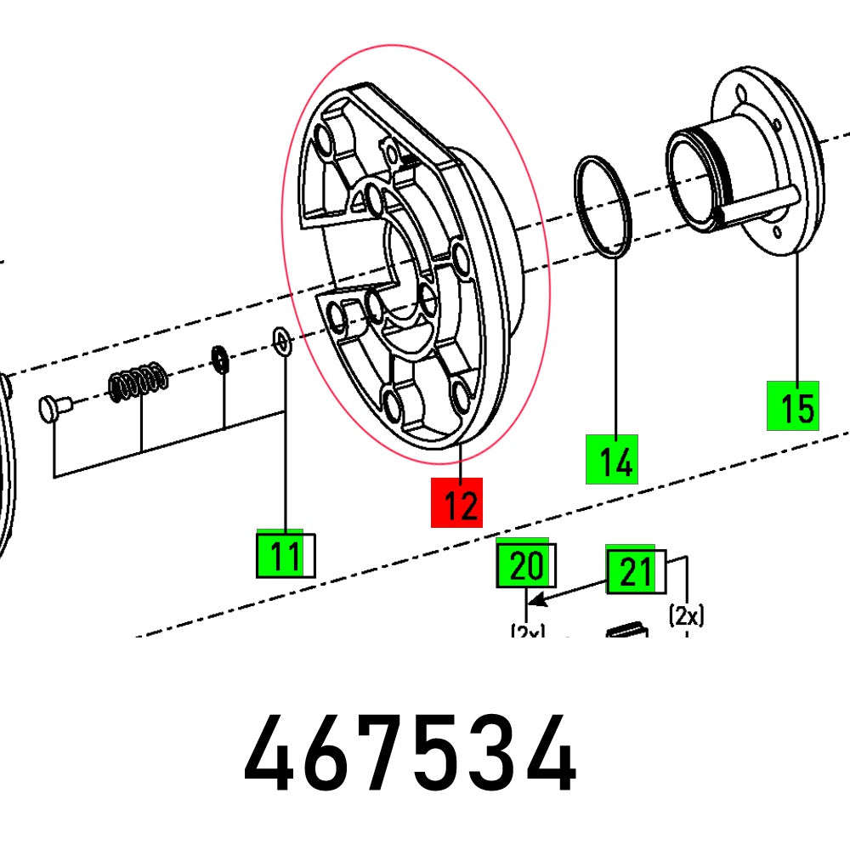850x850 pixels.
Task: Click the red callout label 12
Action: [x=456, y=502]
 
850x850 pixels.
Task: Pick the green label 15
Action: [x=792, y=405]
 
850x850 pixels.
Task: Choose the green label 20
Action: [x=524, y=564]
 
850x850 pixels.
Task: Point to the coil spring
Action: [x=137, y=381]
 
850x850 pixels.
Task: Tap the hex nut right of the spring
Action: [x=218, y=359]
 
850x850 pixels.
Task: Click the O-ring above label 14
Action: [x=603, y=207]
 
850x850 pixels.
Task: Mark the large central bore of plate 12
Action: [x=408, y=259]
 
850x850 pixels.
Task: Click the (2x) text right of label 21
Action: [x=686, y=615]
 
